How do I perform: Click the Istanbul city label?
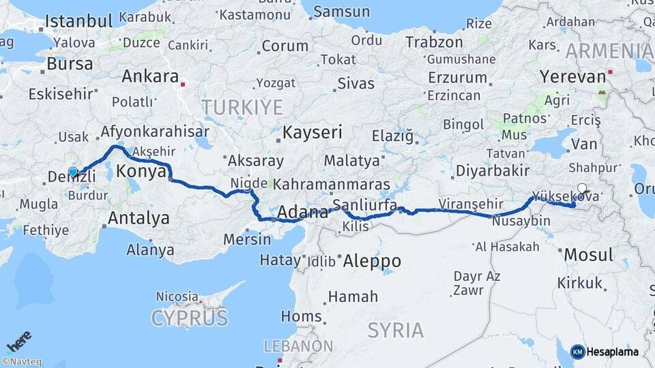pos(78,20)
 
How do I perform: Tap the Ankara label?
pos(150,76)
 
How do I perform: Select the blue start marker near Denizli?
pos(73,172)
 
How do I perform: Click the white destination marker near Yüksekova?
pos(581,189)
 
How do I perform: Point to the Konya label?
pos(142,171)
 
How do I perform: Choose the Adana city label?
pos(301,212)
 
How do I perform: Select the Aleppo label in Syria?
pos(372,261)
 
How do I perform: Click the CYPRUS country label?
pos(189,318)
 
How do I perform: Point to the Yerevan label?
pos(572,76)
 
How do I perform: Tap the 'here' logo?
pos(19,340)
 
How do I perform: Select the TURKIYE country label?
pos(242,107)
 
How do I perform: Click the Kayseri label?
pos(312,132)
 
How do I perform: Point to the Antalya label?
pos(139,219)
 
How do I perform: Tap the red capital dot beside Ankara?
pos(183,85)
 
